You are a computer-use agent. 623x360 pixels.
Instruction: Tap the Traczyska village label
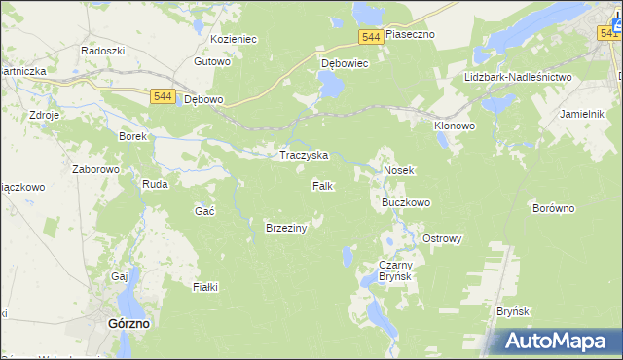click(x=304, y=155)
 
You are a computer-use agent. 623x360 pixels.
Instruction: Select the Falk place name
click(x=323, y=185)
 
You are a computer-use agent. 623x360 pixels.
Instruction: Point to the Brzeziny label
click(x=286, y=228)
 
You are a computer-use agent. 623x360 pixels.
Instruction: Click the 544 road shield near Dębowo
click(x=164, y=96)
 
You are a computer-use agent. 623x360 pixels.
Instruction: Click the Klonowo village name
click(x=453, y=126)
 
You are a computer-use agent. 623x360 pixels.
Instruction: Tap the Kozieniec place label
click(x=233, y=40)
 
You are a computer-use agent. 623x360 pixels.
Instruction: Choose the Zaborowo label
click(x=95, y=168)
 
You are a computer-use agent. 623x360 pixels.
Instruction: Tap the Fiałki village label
click(x=205, y=286)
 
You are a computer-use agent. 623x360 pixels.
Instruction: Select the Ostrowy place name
click(x=441, y=238)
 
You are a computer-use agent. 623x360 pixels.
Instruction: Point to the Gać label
click(x=204, y=211)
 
